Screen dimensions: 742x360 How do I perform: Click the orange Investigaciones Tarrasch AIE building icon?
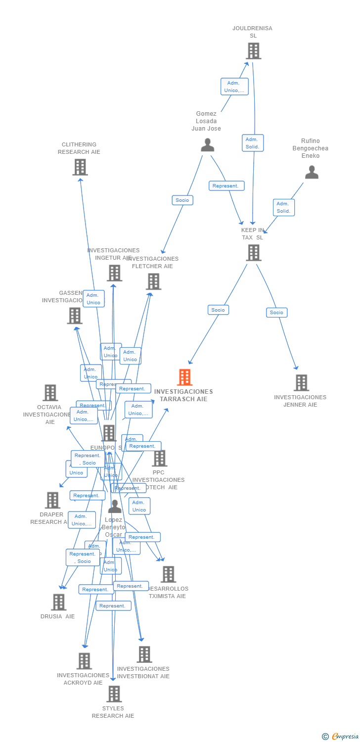[x=184, y=377]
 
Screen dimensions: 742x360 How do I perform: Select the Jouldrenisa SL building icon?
[x=253, y=51]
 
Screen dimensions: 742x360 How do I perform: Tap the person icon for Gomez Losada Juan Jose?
[x=208, y=145]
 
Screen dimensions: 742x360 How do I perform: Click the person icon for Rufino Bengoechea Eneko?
[x=312, y=172]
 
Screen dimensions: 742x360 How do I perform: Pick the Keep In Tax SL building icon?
[x=253, y=253]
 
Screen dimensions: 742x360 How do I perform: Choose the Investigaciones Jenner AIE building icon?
[x=301, y=383]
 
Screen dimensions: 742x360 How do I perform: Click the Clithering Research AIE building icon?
[x=80, y=167]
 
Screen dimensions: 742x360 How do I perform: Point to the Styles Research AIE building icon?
[x=114, y=694]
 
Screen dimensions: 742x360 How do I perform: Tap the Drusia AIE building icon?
[x=58, y=602]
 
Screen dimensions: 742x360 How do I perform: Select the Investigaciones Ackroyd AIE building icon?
[x=84, y=661]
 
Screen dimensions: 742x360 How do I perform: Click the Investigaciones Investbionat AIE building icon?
[x=144, y=654]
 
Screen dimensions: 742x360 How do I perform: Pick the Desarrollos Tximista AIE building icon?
[x=168, y=574]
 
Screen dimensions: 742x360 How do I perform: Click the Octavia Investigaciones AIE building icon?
[x=50, y=393]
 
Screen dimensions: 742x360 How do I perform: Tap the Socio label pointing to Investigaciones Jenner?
[x=276, y=313]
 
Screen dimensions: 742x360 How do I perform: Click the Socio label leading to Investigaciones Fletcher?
[x=182, y=200]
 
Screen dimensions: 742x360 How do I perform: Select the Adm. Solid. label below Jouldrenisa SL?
[x=253, y=143]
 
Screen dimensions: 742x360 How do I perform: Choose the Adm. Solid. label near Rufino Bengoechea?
[x=283, y=207]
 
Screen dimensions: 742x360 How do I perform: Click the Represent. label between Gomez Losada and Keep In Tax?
[x=226, y=186]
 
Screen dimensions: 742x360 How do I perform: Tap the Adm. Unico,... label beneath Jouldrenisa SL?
[x=234, y=87]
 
